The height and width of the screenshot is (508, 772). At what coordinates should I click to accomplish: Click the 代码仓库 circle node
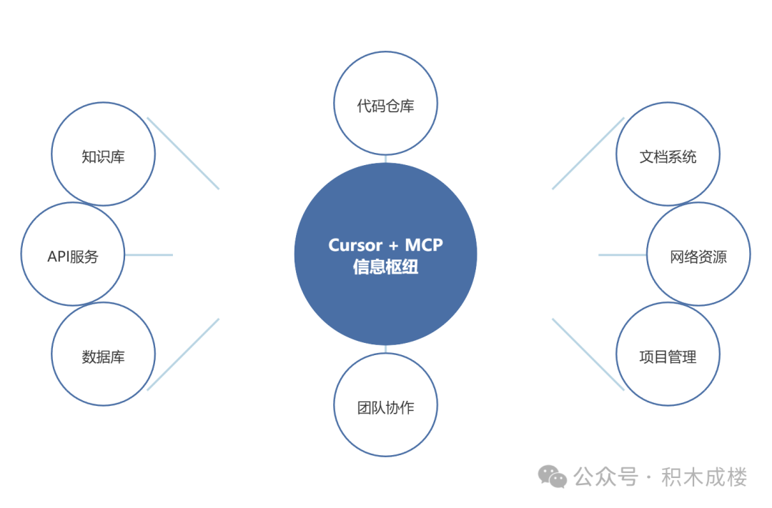click(x=385, y=105)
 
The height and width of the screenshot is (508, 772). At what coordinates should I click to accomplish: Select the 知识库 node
click(x=103, y=155)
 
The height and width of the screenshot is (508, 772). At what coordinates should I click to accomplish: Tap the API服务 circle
click(x=73, y=255)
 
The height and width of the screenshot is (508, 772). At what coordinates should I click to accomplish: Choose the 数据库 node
click(x=103, y=355)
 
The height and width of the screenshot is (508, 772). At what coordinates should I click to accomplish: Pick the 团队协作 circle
click(x=385, y=407)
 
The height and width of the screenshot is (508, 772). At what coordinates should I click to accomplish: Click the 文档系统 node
click(x=668, y=155)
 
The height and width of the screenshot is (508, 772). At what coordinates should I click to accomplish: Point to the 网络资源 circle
click(x=698, y=255)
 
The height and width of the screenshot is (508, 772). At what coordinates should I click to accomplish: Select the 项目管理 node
click(x=668, y=355)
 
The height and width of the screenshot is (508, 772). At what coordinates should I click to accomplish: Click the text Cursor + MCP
click(x=385, y=245)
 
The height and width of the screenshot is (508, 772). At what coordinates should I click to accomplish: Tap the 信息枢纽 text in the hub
click(x=385, y=268)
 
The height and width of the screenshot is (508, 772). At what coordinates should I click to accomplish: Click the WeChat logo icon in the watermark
click(x=553, y=476)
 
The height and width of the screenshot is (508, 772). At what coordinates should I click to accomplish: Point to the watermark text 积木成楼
click(x=704, y=477)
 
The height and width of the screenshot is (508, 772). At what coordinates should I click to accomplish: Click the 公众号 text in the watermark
click(x=605, y=477)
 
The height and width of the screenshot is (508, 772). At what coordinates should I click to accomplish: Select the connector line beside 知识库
click(x=183, y=154)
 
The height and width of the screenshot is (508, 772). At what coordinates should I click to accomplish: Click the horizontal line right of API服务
click(x=149, y=254)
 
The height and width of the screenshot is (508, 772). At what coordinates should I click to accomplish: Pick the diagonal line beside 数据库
click(x=183, y=354)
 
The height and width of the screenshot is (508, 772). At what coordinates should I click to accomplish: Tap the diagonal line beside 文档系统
click(x=588, y=154)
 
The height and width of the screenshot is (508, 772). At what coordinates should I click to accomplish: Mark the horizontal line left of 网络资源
click(x=623, y=254)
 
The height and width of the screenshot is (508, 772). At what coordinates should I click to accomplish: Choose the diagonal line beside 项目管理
click(x=588, y=354)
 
